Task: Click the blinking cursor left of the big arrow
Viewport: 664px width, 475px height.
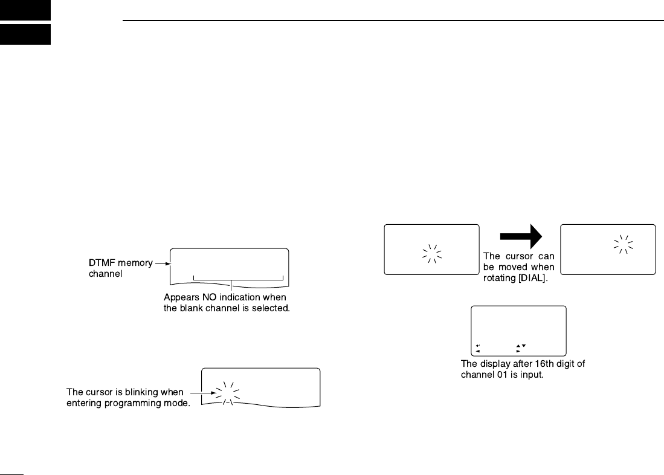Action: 431,254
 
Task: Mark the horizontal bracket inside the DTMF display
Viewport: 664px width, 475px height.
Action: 238,279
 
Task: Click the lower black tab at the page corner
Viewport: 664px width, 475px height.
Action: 25,35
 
